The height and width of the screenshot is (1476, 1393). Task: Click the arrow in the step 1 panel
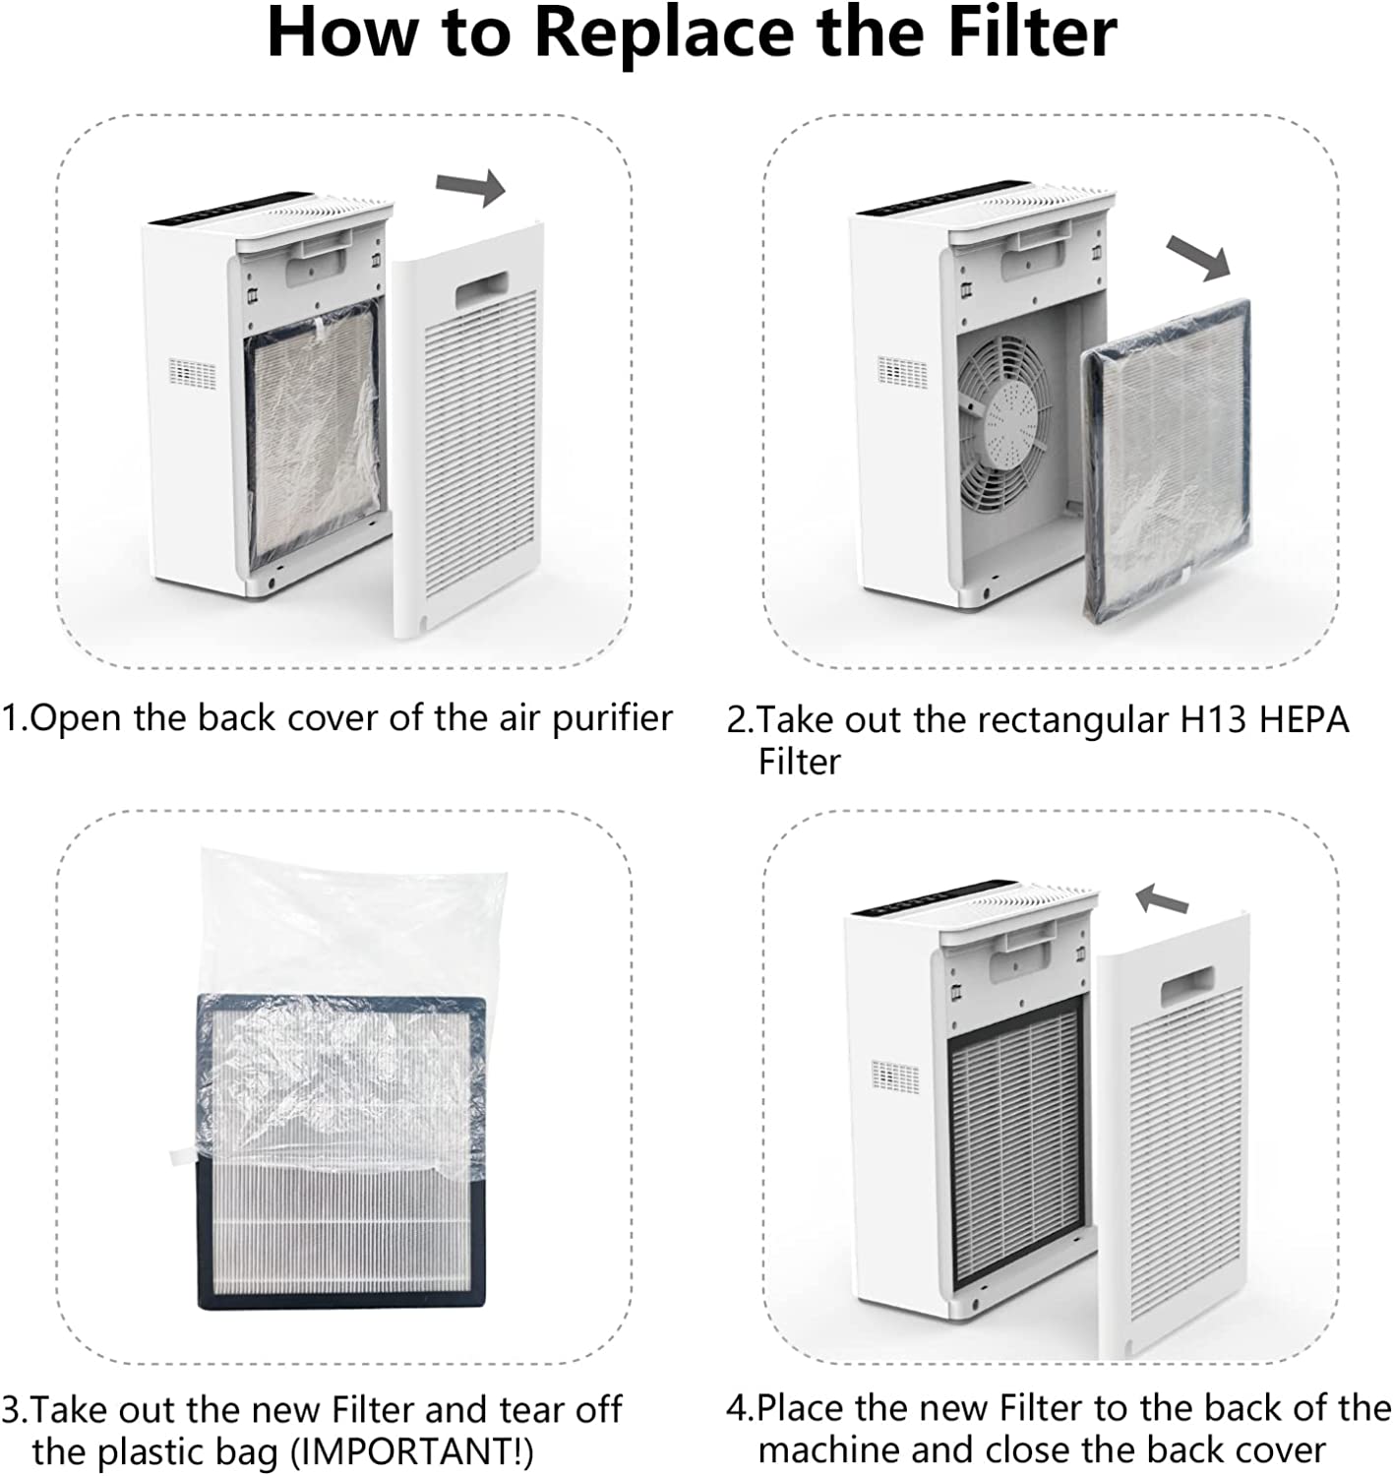pyautogui.click(x=470, y=185)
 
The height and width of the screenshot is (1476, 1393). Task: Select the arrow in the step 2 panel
pyautogui.click(x=1198, y=258)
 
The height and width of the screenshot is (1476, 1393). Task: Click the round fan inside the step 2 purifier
pyautogui.click(x=1004, y=422)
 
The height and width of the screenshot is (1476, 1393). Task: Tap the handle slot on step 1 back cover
pyautogui.click(x=482, y=287)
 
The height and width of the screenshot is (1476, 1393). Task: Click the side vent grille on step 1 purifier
pyautogui.click(x=193, y=373)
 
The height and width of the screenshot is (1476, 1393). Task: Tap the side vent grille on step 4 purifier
pyautogui.click(x=895, y=1076)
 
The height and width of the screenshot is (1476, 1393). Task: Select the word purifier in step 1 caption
pyautogui.click(x=613, y=719)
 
